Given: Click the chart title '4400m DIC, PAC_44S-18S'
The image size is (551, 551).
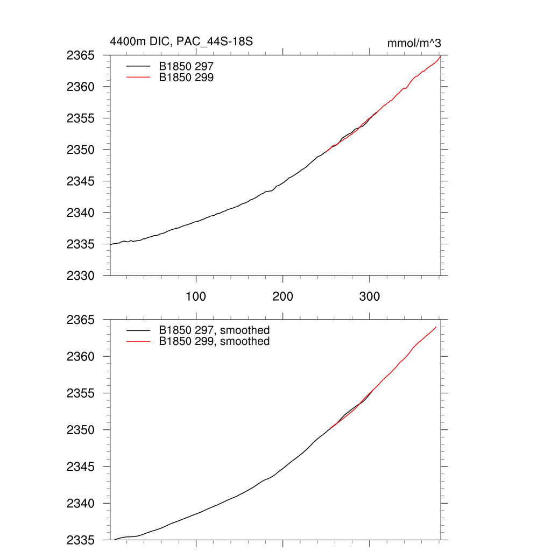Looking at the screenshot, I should [x=181, y=41].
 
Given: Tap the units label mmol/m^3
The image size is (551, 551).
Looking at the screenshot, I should [x=414, y=43].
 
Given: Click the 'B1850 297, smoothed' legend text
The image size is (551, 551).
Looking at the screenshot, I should [x=214, y=330].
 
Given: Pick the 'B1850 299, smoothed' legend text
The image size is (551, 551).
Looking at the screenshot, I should [x=214, y=341].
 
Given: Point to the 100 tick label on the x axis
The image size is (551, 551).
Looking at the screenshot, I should [x=196, y=296].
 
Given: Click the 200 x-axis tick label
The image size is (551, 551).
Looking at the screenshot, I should [x=282, y=296].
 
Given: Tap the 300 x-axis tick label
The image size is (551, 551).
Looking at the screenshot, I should [x=370, y=296].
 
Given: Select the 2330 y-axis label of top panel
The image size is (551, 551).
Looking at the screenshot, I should [x=81, y=275].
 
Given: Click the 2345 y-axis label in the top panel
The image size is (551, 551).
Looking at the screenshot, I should [x=81, y=181].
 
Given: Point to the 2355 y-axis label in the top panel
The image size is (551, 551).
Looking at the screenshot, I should [x=81, y=118].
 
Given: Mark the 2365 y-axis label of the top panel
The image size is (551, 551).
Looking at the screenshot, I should [x=81, y=55].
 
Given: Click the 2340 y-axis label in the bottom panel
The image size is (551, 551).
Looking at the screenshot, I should [x=81, y=504].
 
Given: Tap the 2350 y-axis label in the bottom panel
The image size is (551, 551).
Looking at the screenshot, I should [x=81, y=430].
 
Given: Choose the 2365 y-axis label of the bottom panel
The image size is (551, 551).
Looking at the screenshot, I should [x=81, y=320].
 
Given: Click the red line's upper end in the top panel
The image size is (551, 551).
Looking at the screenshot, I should [x=441, y=56].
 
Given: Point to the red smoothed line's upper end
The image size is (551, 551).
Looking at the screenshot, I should [x=436, y=327].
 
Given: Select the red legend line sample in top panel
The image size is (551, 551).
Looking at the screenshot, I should [x=138, y=77].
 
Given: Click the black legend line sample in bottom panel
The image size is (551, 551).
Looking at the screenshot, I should [x=138, y=330].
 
